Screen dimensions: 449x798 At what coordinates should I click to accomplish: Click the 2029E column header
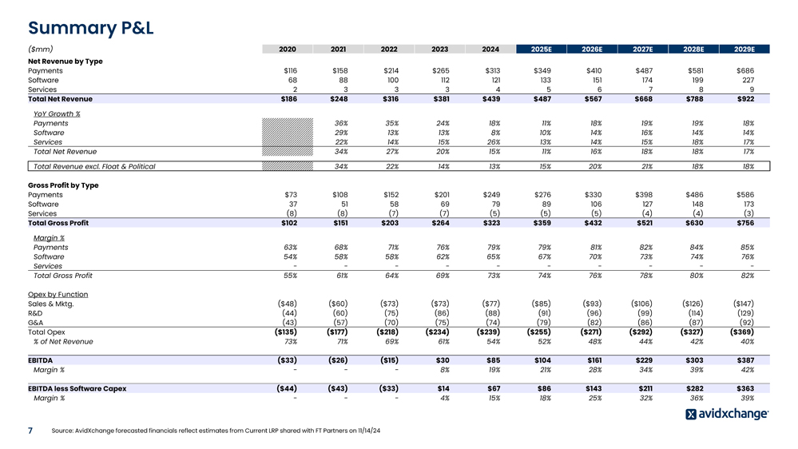pos(743,49)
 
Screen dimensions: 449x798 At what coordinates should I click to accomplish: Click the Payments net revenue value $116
pos(290,70)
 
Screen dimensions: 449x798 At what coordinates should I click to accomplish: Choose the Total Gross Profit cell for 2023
pos(439,223)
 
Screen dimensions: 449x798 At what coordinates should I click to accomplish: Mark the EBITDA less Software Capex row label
pos(77,388)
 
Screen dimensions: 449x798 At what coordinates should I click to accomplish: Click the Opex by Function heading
pos(58,294)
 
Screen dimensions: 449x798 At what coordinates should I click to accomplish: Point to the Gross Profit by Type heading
pos(63,185)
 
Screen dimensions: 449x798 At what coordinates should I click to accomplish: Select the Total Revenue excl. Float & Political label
pos(94,166)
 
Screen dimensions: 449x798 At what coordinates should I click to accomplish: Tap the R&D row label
pos(37,313)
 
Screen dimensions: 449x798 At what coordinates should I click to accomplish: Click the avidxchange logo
pos(726,414)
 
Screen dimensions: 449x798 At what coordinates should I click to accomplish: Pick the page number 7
pos(30,431)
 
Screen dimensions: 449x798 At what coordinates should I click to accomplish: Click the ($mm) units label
pos(42,49)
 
